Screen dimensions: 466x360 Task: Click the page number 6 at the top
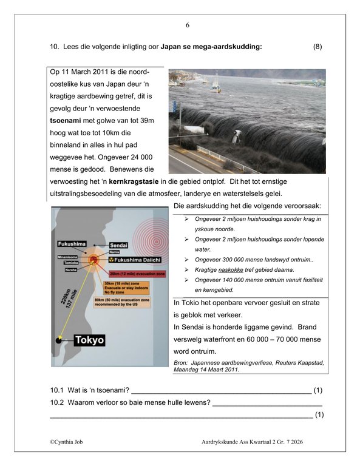point(188,25)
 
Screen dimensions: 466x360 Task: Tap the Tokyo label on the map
point(88,340)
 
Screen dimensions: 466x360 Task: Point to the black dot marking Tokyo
point(59,340)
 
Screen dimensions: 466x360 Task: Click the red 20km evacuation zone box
point(134,274)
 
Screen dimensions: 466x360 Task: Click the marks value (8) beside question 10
point(318,47)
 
